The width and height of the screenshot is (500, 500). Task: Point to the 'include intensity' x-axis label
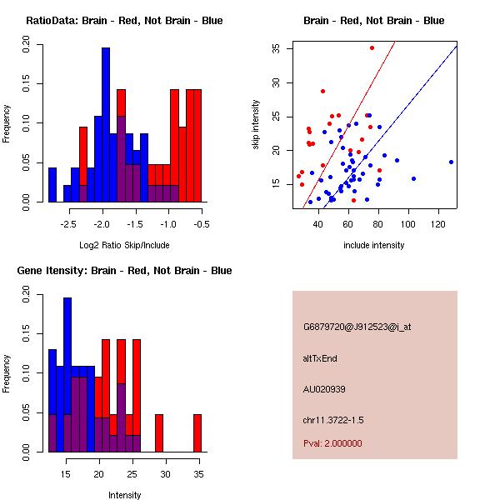coord(374,245)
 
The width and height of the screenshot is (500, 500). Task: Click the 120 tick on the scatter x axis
coord(438,224)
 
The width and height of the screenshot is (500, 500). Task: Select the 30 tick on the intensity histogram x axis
coord(165,474)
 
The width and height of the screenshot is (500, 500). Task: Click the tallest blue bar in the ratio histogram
coord(106,125)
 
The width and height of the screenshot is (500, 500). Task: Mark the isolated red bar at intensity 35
coord(197,432)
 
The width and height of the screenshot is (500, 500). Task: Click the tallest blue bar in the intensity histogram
coord(67,375)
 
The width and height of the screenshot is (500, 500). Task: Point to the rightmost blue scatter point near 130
coord(451,162)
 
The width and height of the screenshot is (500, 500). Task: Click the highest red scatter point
coord(372,47)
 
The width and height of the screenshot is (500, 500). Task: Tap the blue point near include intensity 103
coord(413,178)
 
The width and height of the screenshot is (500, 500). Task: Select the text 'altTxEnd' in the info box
coord(320,358)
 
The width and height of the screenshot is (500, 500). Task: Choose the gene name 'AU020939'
coord(323,389)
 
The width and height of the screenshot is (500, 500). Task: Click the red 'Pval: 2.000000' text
coord(332,443)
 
